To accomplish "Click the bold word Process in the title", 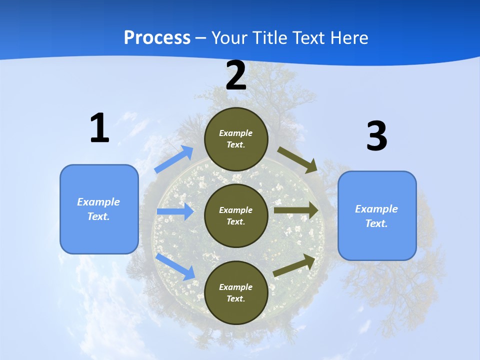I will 157,38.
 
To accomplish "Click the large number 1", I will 99,128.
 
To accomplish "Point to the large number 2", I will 236,76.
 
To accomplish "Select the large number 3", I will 376,136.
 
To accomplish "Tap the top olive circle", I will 236,139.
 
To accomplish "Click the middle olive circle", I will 236,215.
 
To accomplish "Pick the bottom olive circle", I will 236,292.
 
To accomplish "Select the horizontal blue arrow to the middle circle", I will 175,211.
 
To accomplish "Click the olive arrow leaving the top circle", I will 298,160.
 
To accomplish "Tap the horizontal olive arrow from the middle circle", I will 296,210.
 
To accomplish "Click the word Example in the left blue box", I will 98,202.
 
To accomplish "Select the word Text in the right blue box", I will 375,223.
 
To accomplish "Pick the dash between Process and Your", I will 201,38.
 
